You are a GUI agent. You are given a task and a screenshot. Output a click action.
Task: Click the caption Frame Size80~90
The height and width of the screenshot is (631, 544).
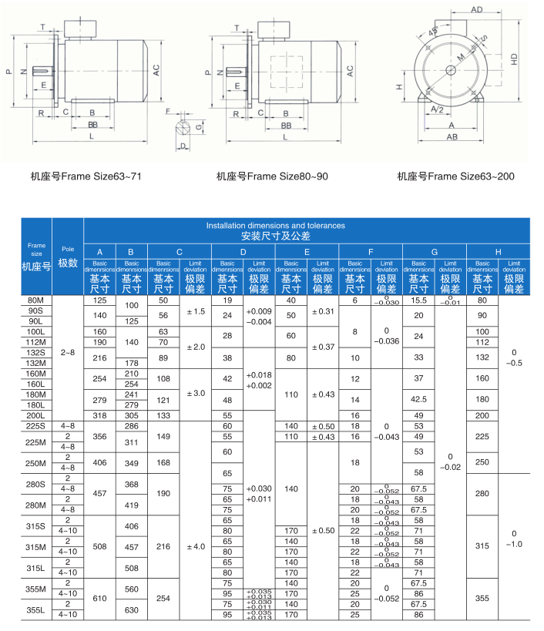pos(272,176)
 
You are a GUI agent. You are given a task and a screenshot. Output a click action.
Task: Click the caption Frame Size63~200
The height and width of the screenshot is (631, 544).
pos(456,176)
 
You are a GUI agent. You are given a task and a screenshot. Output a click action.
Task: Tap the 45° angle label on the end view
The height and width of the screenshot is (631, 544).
pos(432,32)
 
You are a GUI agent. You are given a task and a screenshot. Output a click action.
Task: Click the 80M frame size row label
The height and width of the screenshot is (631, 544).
pos(35,300)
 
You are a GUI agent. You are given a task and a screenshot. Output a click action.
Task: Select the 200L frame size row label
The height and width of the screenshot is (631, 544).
pos(35,415)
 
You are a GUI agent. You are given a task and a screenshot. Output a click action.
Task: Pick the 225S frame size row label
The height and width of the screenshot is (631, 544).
pos(35,425)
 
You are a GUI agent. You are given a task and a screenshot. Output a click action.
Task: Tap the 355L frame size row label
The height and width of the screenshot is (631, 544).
pos(35,609)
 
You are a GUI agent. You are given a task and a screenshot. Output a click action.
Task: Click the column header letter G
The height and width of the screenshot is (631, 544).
pos(435,252)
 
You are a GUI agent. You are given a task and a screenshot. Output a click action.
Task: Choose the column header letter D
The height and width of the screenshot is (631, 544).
pos(243,252)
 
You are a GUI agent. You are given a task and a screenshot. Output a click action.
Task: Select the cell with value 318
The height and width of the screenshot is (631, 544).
pos(99,415)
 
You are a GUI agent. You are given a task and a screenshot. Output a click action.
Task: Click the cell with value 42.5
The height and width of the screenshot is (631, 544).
pos(419,399)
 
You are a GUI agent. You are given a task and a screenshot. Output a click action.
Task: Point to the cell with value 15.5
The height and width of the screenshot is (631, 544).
pos(419,300)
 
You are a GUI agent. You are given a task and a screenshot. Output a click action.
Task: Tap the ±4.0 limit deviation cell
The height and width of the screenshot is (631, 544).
pos(195,546)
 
